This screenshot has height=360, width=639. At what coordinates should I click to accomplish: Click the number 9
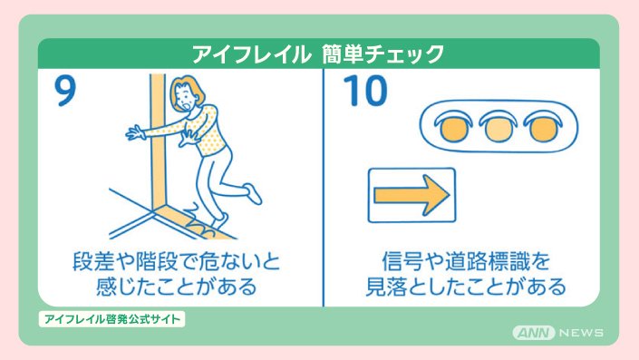pos(65,92)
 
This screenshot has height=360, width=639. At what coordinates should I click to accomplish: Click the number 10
pos(365,91)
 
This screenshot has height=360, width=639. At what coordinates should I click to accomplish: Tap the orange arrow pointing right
pos(411,195)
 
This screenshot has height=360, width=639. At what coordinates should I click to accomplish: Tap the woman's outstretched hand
pos(136,133)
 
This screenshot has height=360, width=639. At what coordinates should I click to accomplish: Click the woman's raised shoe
pos(253,194)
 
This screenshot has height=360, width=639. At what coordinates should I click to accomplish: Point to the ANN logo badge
pos(534,333)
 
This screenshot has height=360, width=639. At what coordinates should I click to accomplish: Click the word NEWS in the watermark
pos(582,333)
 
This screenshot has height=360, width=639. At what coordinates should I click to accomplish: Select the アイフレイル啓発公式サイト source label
pos(111,319)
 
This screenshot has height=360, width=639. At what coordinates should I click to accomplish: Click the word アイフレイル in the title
pos(249,54)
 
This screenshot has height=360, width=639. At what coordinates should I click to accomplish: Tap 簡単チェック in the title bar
pos(382,54)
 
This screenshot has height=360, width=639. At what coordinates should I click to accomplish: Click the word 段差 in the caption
pos(93,261)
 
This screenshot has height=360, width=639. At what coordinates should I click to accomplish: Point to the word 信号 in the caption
pos(402,261)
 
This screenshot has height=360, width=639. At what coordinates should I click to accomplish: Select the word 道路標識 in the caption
pos(486,261)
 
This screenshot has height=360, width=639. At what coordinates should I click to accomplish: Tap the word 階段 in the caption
pos(157,261)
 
